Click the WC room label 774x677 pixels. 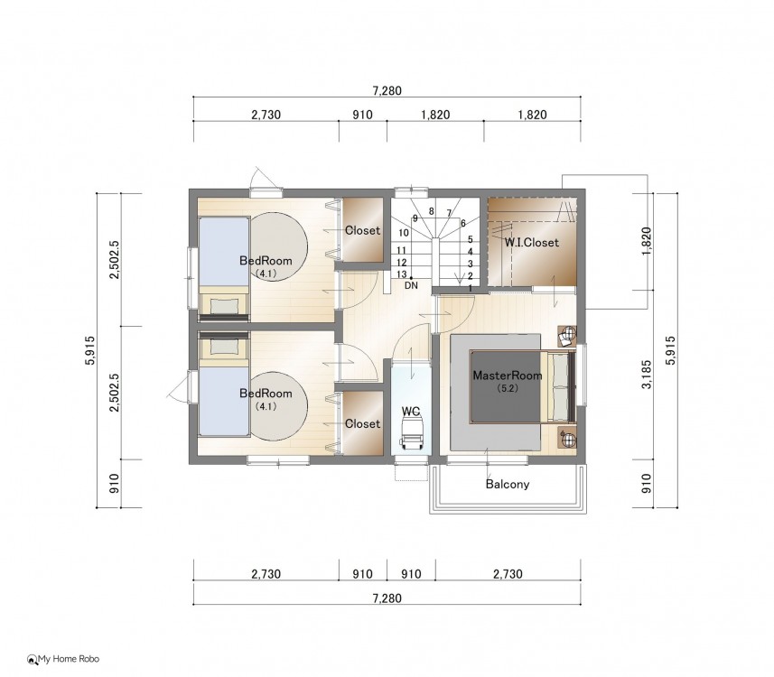click(411, 411)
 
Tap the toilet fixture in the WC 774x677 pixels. click(411, 431)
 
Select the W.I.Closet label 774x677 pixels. click(532, 242)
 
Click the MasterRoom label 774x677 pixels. click(508, 376)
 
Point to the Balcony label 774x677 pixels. click(508, 484)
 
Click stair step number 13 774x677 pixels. click(401, 274)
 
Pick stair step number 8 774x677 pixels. click(431, 211)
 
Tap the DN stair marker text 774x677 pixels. click(411, 285)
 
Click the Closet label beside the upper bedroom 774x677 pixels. click(363, 230)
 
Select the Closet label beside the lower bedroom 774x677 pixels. click(363, 424)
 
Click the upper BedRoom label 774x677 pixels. click(266, 261)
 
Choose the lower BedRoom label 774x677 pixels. click(266, 394)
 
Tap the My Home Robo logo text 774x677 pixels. click(69, 659)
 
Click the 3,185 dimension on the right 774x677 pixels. click(647, 375)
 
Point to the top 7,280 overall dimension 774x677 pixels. click(387, 91)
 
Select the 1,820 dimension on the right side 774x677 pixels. click(647, 241)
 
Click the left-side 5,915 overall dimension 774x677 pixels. click(89, 350)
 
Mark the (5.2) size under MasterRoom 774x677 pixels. click(508, 388)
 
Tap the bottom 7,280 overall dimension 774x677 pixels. click(387, 598)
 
